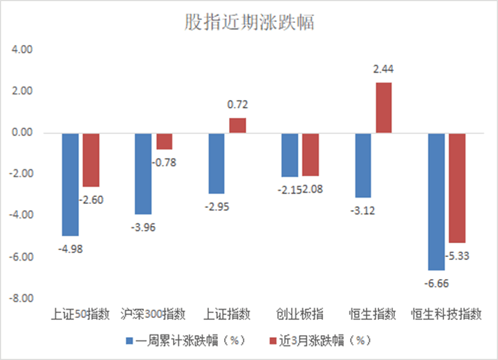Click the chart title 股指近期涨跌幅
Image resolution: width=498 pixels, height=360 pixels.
pyautogui.click(x=249, y=22)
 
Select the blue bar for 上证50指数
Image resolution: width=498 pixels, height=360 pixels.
pyautogui.click(x=71, y=184)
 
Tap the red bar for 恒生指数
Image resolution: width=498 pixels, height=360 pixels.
pyautogui.click(x=383, y=108)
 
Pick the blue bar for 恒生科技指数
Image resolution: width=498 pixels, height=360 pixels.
pyautogui.click(x=436, y=201)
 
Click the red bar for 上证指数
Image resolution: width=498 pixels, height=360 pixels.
pyautogui.click(x=238, y=125)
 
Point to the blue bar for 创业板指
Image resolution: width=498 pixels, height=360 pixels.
pyautogui.click(x=289, y=155)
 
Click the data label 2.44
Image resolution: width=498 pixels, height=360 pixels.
pyautogui.click(x=383, y=69)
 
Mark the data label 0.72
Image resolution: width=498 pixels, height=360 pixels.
pyautogui.click(x=238, y=105)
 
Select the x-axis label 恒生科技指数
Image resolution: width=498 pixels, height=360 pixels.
pyautogui.click(x=446, y=314)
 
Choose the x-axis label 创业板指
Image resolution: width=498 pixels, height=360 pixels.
pyautogui.click(x=299, y=314)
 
